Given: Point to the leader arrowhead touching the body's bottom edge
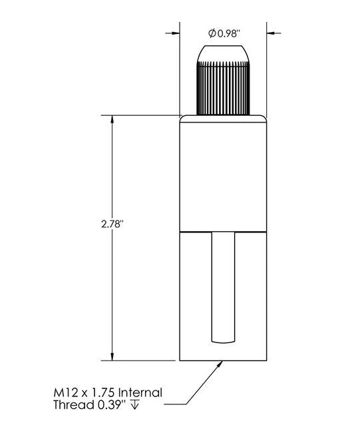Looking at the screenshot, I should tap(220, 363).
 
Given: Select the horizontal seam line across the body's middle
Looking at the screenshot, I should tap(224, 231).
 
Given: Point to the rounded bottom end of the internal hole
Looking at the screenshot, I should tap(224, 340).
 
